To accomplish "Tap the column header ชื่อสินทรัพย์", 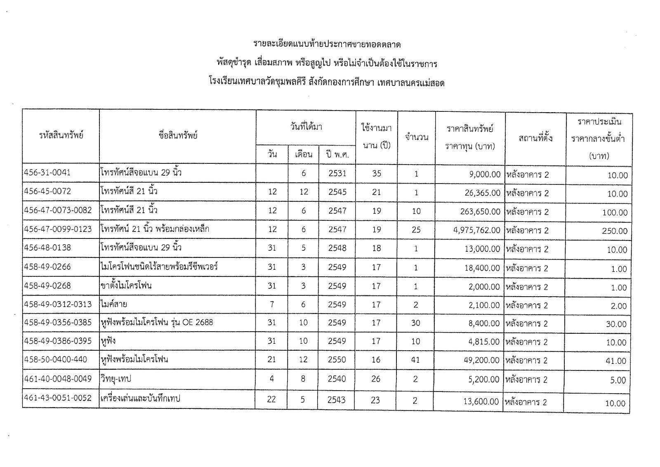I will (178, 135).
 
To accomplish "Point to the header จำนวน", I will (416, 137).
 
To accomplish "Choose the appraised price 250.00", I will (614, 231).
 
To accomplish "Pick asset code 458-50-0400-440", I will (56, 360).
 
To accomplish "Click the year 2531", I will (337, 174).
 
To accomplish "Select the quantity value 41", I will (415, 360).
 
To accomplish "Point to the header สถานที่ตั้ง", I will (535, 138).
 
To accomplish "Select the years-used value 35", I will (377, 174).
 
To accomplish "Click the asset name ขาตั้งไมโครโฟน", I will (126, 285).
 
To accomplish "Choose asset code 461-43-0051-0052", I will (58, 399).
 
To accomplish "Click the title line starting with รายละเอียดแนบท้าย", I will (327, 44).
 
